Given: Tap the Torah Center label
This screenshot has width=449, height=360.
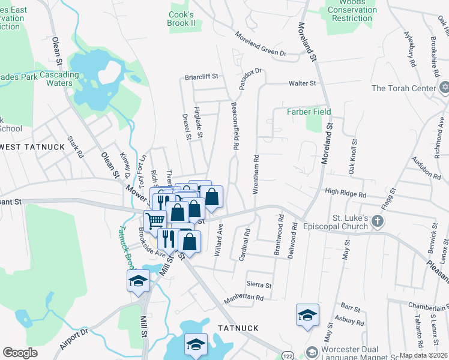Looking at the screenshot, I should click(x=403, y=88).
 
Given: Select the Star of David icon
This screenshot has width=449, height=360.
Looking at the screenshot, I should click(x=444, y=88).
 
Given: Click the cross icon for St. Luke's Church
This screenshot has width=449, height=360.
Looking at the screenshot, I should click(x=377, y=221).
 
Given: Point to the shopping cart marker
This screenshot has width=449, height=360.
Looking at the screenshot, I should click(x=155, y=221).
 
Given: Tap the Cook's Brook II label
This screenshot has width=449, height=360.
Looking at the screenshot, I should click(x=182, y=19).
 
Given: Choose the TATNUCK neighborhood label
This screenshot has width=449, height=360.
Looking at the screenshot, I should click(x=238, y=328).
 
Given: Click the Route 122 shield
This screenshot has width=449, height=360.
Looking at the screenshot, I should click(x=288, y=356).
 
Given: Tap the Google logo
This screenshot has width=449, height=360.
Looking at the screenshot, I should click(x=20, y=353).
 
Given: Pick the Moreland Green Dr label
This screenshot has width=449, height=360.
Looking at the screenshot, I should click(x=261, y=44).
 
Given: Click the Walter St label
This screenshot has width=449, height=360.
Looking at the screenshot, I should click(x=302, y=83).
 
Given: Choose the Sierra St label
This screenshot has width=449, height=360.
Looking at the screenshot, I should click(x=259, y=285).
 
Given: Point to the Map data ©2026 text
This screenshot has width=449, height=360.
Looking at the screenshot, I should click(x=423, y=355).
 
